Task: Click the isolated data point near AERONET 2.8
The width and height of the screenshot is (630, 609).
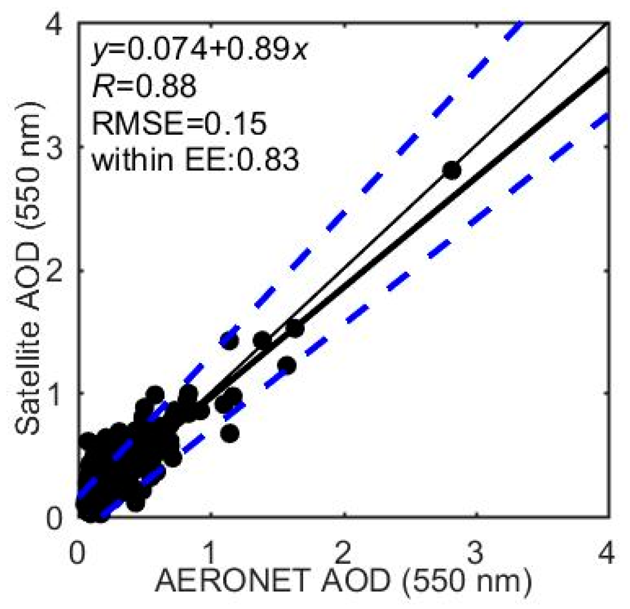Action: tap(451, 171)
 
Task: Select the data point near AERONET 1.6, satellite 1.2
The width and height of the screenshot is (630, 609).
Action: tap(287, 365)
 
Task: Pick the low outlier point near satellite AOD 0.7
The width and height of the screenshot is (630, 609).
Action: tap(229, 433)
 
